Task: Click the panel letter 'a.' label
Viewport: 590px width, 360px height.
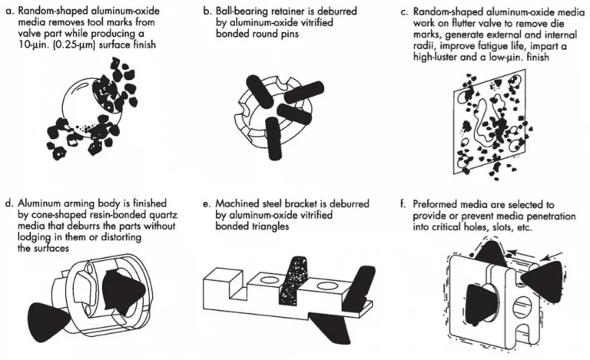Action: (x=10, y=11)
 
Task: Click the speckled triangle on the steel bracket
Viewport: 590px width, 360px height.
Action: (x=293, y=281)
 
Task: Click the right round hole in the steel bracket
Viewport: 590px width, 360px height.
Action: (x=326, y=286)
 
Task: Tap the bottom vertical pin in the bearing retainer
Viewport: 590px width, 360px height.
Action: (x=273, y=137)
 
